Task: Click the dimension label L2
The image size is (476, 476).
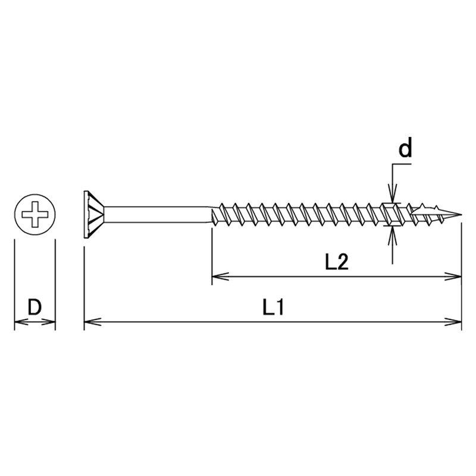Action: [x=336, y=262]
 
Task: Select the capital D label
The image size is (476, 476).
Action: [x=35, y=308]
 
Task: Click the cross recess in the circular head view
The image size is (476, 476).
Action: [x=35, y=213]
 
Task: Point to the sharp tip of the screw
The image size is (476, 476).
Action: [x=461, y=213]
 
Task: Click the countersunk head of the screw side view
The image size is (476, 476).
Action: [x=92, y=213]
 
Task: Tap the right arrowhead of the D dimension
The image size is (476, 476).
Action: [x=51, y=322]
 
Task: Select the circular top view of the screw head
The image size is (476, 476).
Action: [x=35, y=213]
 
